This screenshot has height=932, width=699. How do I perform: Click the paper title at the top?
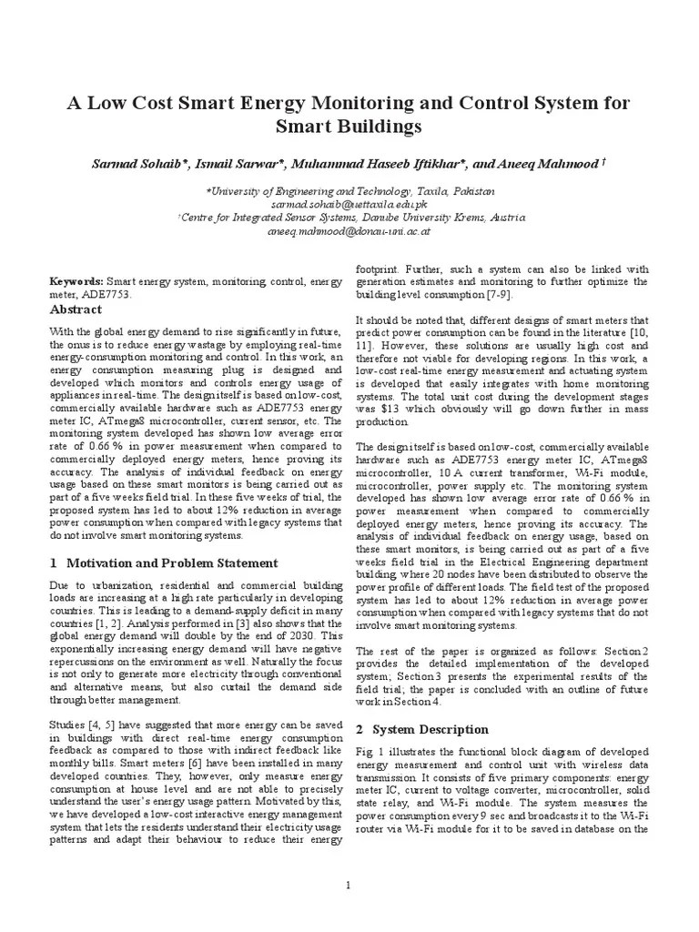349,113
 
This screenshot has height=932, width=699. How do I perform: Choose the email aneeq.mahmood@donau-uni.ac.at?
349,231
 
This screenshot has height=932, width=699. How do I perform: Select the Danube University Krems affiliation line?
349,218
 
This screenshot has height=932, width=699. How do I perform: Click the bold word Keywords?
76,283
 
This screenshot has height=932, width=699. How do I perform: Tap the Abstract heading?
76,310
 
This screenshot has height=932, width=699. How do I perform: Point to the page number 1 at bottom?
349,886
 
